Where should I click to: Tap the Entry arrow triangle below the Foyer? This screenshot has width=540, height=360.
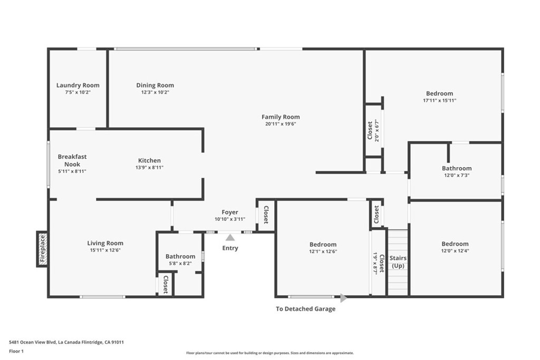230,238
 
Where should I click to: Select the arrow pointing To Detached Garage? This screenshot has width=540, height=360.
343,298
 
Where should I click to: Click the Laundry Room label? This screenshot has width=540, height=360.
78,85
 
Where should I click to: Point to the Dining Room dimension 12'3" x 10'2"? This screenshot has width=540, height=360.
155,92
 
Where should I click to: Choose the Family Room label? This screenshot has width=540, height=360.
281,116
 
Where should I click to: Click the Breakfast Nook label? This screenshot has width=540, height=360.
72,160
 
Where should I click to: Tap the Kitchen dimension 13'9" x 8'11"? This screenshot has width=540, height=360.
149,168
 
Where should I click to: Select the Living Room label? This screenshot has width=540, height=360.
105,243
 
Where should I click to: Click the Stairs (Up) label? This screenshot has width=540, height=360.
398,261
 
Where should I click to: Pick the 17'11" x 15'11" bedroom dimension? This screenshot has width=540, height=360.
439,101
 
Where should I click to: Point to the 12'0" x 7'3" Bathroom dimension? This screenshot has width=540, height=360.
457,175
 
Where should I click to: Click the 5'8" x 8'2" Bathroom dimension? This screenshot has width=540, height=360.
180,264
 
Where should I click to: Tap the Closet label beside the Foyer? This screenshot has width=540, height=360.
266,215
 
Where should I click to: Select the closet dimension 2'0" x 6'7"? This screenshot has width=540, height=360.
377,131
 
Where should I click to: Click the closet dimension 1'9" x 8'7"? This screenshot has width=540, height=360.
375,263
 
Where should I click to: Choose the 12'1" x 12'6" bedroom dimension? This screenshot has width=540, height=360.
323,251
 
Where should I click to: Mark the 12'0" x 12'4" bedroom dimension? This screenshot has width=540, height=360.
455,251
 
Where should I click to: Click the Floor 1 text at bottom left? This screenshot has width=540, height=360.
16,352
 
